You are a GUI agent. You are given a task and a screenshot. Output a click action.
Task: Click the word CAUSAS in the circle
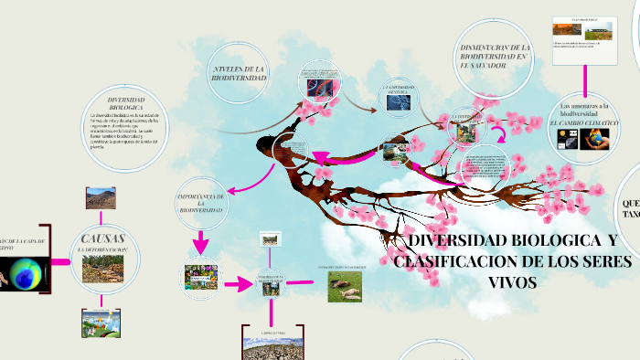point(103,239)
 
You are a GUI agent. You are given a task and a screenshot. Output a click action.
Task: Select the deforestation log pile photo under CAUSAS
point(103,268)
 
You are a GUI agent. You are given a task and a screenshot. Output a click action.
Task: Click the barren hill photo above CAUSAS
point(100,198)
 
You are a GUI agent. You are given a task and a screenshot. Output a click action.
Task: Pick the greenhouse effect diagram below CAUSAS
point(100,323)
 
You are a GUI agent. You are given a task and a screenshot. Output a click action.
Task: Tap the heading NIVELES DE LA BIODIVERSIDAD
point(239,74)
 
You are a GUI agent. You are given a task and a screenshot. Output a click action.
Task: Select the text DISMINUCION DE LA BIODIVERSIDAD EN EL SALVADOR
point(495,56)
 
